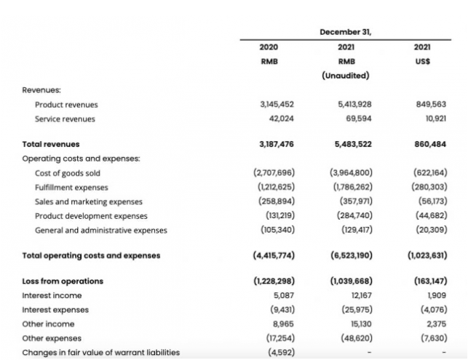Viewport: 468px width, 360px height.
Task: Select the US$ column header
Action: pyautogui.click(x=422, y=62)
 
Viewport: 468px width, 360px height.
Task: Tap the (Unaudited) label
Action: pyautogui.click(x=345, y=76)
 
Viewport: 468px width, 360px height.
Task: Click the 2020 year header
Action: pyautogui.click(x=269, y=47)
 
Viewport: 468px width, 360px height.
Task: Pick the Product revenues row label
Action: pyautogui.click(x=66, y=105)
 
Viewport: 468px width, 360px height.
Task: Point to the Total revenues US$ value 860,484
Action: pyautogui.click(x=429, y=144)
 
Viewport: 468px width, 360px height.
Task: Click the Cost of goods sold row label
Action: pyautogui.click(x=68, y=173)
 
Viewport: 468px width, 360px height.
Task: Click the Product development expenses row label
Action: pyautogui.click(x=91, y=216)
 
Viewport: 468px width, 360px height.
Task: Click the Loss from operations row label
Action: pyautogui.click(x=63, y=281)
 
